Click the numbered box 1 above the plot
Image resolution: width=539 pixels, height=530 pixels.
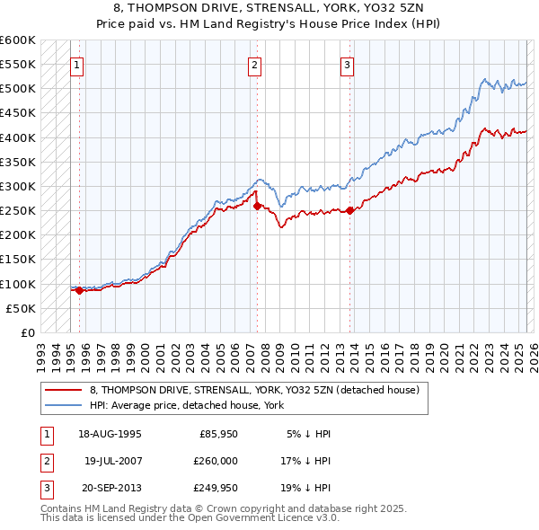click(77, 65)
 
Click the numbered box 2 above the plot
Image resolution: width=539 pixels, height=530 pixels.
click(255, 65)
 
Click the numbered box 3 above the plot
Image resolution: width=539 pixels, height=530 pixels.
click(347, 65)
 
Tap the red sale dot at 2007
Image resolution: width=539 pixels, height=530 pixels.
click(257, 206)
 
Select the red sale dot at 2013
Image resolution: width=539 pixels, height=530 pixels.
click(349, 211)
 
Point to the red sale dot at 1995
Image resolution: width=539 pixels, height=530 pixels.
click(79, 290)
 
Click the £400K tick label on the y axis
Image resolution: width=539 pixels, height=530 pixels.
click(18, 137)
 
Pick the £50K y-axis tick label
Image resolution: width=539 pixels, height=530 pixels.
click(22, 308)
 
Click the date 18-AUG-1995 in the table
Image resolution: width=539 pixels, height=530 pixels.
click(110, 432)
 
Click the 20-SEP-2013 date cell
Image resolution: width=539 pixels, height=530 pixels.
click(110, 488)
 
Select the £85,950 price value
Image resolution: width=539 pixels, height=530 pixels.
click(218, 432)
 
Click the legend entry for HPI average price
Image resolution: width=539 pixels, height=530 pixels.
click(187, 405)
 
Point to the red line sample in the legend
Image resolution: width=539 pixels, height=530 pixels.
click(63, 390)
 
